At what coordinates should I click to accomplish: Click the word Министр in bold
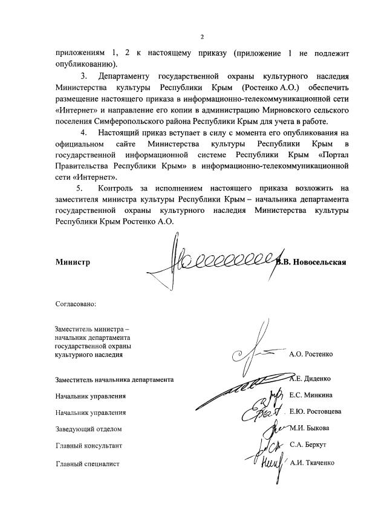pos(73,262)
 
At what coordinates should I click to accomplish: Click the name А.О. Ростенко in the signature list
pos(311,354)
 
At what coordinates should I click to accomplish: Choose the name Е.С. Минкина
pos(310,395)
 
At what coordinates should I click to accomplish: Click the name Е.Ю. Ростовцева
pos(315,411)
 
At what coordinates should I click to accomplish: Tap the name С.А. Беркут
pos(308,445)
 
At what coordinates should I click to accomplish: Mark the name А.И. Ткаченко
pos(312,463)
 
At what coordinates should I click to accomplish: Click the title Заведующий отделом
pos(88,429)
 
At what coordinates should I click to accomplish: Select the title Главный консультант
pos(88,446)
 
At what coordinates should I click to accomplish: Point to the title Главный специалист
pos(87,464)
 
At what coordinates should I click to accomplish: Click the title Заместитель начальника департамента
pos(114,380)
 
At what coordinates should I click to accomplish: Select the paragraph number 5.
pos(79,189)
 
